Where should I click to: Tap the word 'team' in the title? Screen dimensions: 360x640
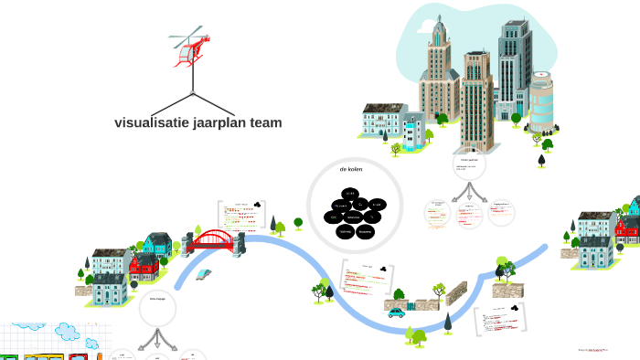pos(265,122)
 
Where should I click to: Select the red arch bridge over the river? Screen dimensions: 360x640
pos(212,240)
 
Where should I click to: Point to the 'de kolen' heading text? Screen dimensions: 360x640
pos(351,169)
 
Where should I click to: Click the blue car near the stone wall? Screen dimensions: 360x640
pos(396,312)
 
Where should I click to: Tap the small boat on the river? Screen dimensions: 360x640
pos(203,273)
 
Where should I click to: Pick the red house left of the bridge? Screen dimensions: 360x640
pos(144,266)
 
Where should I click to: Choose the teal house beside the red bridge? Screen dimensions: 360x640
pos(157,244)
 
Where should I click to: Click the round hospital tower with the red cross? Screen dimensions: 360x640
pos(541,101)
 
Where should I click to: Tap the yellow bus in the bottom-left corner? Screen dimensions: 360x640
pos(43,355)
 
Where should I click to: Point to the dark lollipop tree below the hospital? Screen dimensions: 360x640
pos(542,160)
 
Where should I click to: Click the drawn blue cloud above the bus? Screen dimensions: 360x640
pos(68,331)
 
